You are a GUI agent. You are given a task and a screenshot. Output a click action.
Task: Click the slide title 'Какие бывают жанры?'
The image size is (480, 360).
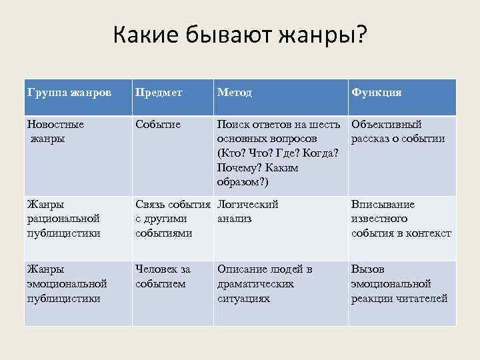(x=239, y=35)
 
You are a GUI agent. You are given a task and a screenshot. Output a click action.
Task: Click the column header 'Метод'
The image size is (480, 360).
(x=235, y=93)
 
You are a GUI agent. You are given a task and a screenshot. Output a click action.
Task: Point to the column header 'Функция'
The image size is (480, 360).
(x=377, y=93)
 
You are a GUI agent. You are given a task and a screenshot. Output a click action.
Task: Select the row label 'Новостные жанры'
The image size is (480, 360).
(x=56, y=131)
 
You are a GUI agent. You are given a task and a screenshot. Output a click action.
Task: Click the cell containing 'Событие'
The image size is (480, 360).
(x=157, y=125)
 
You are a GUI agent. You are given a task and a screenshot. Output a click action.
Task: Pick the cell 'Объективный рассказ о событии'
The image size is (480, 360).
(x=398, y=131)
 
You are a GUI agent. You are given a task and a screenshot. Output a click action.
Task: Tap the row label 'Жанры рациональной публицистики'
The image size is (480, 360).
(x=63, y=219)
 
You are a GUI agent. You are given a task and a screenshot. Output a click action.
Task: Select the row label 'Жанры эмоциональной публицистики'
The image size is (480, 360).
(x=67, y=283)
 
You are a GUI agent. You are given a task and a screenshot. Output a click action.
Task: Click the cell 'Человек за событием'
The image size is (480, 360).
(x=163, y=276)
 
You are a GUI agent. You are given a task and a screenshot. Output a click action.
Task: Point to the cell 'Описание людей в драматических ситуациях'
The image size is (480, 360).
(x=265, y=283)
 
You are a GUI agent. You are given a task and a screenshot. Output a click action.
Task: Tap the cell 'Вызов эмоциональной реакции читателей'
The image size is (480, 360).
(x=399, y=283)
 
